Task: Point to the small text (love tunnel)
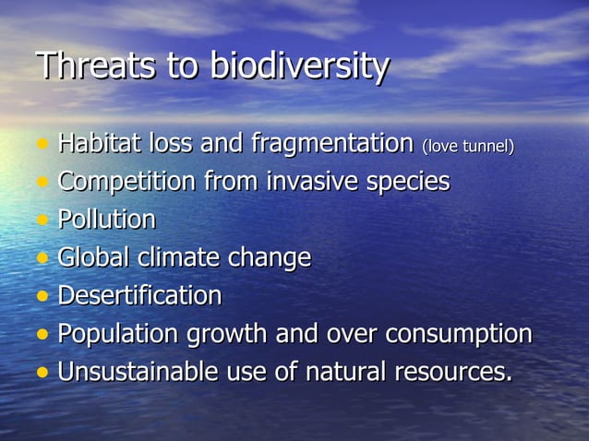pyautogui.click(x=467, y=147)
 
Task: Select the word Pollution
pyautogui.click(x=107, y=220)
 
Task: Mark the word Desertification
pyautogui.click(x=139, y=296)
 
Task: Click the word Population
pyautogui.click(x=115, y=334)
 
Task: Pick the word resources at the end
pyautogui.click(x=450, y=372)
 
